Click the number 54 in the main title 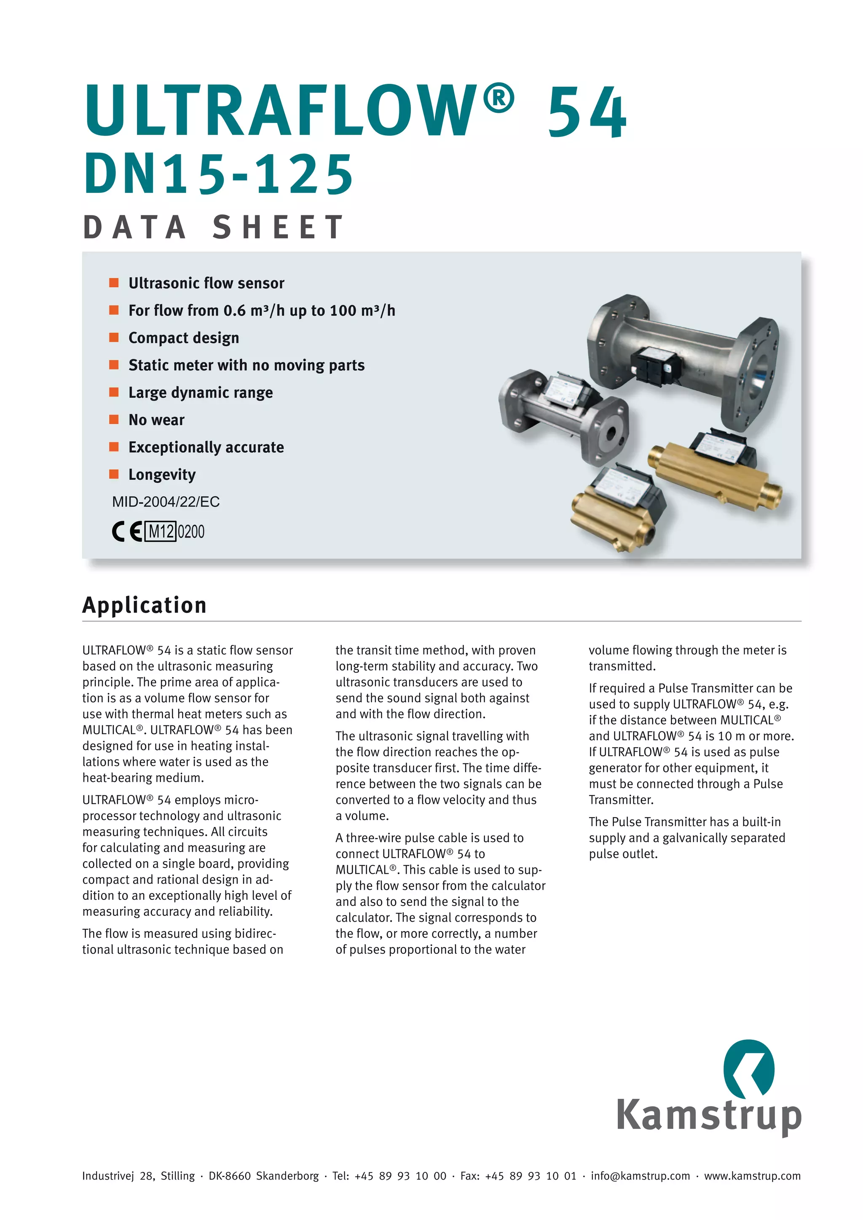click(x=587, y=112)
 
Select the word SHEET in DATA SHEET click(x=279, y=227)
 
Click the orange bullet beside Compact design click(x=114, y=337)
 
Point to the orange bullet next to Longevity click(x=114, y=474)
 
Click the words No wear click(x=156, y=420)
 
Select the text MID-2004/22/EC click(x=165, y=502)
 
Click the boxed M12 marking click(x=161, y=531)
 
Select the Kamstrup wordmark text click(x=708, y=1115)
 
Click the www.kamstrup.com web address click(x=752, y=1176)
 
